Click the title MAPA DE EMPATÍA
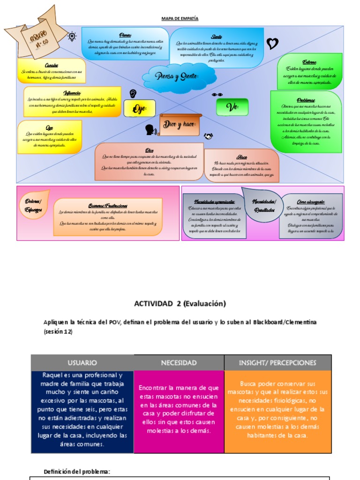(180, 18)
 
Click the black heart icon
(272, 44)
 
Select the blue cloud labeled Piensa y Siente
(179, 75)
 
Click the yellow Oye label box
(139, 108)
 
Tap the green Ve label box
(232, 107)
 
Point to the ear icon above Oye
(134, 93)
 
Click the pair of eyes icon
(217, 95)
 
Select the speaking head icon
(150, 129)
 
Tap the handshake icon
(209, 136)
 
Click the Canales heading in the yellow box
(52, 65)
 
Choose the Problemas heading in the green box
(306, 100)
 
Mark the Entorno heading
(309, 62)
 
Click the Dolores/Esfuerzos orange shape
(34, 205)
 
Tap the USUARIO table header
(82, 363)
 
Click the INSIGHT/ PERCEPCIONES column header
(278, 363)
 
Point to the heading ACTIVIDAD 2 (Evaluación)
(180, 303)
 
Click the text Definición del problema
(76, 472)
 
